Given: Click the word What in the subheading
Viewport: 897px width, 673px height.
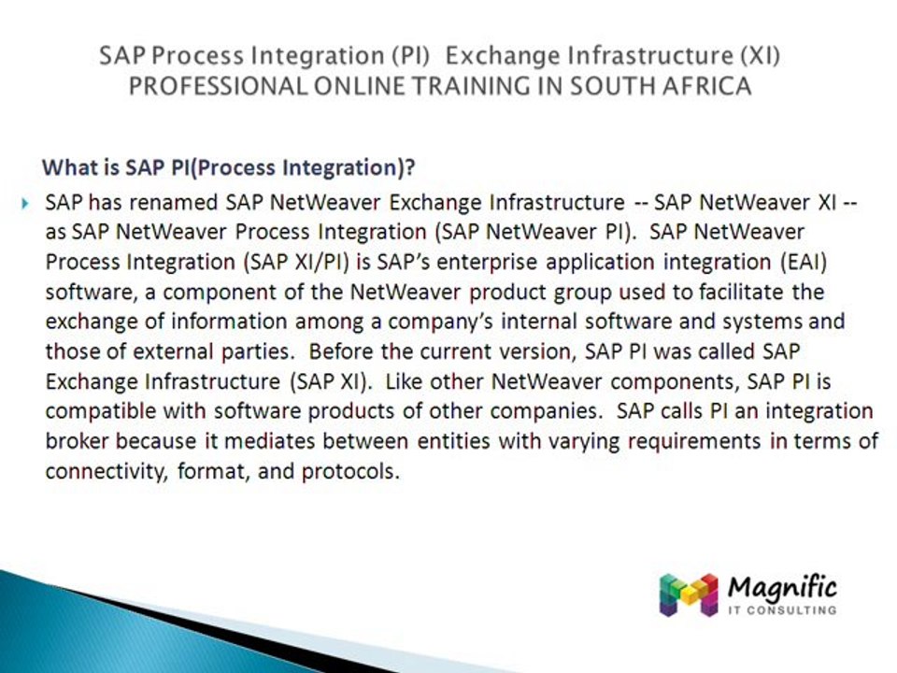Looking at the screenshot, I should (x=67, y=169).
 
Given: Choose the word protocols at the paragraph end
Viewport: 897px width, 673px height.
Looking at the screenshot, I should (x=349, y=471).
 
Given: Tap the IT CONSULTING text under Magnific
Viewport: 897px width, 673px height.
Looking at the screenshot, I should (x=781, y=610).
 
